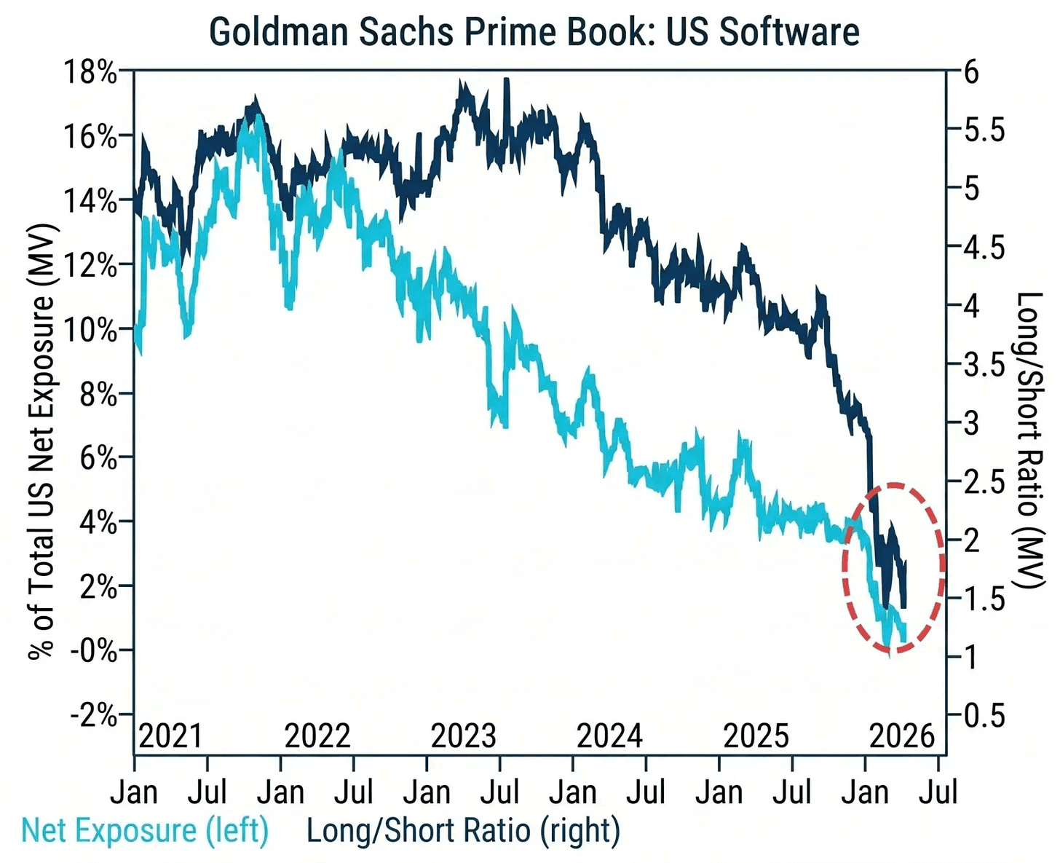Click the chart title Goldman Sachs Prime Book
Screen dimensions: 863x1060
[534, 33]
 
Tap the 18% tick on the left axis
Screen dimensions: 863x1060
[90, 72]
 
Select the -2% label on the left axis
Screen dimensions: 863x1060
[94, 714]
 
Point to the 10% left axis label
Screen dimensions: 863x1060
[90, 330]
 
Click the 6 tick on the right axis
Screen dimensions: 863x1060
[971, 72]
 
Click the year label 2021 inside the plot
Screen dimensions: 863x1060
[170, 736]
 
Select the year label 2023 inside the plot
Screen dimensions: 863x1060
[463, 736]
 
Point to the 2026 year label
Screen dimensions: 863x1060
[902, 736]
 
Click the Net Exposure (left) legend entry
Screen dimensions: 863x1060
[145, 831]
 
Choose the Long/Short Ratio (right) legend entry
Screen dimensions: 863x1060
[463, 831]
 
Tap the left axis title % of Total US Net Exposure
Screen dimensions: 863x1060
[41, 441]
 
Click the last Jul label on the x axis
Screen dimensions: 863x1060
[938, 792]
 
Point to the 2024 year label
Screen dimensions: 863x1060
[609, 736]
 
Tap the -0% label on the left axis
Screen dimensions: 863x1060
[94, 650]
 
